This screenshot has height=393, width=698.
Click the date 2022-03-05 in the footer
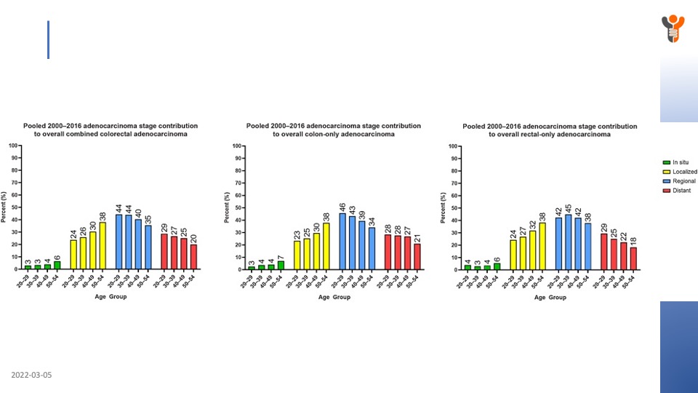pos(31,376)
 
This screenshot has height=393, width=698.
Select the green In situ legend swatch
pos(666,162)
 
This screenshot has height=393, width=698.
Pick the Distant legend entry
pos(681,191)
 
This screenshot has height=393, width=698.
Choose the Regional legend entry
pos(683,181)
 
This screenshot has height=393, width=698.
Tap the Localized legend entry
pos(685,172)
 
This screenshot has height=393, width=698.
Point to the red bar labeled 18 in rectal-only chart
pos(633,258)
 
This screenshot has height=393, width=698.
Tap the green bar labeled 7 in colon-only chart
pos(281,266)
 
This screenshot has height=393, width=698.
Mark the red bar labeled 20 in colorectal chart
pos(193,257)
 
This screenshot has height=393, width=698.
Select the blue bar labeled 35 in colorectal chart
pos(148,247)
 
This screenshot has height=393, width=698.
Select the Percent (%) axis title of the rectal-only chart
pos(444,207)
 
